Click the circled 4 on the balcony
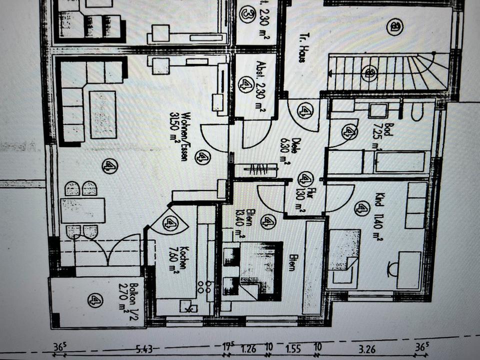pyautogui.click(x=95, y=300)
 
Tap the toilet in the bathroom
pyautogui.click(x=417, y=112)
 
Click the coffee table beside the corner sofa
pyautogui.click(x=103, y=114)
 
